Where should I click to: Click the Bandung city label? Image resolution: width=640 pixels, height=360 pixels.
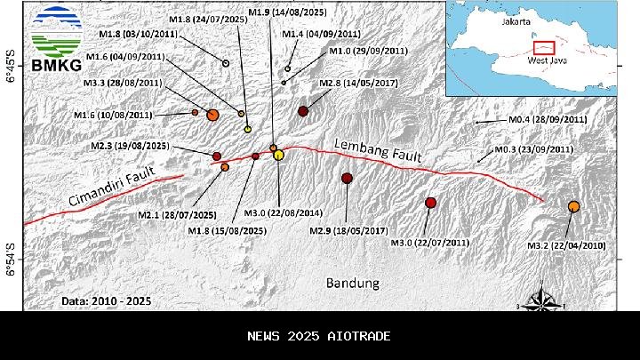coord(352,284)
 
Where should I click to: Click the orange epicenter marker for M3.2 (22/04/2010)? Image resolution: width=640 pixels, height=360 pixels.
coord(573,206)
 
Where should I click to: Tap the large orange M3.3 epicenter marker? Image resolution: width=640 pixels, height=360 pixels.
coord(212,115)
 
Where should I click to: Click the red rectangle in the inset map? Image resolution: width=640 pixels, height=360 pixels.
coord(543,47)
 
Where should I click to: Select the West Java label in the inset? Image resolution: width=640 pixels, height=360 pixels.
coord(548,65)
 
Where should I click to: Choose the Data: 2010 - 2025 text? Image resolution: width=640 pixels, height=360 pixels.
coord(107,300)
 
